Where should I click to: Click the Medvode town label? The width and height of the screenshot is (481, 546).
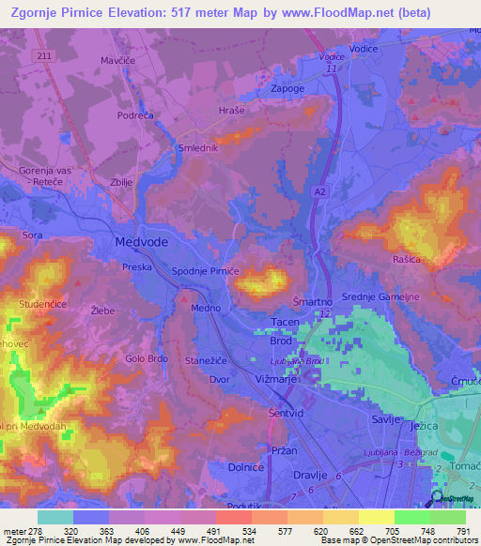click(141, 241)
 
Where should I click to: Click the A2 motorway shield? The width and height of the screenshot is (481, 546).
click(319, 190)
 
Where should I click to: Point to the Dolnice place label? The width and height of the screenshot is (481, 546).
click(221, 466)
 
